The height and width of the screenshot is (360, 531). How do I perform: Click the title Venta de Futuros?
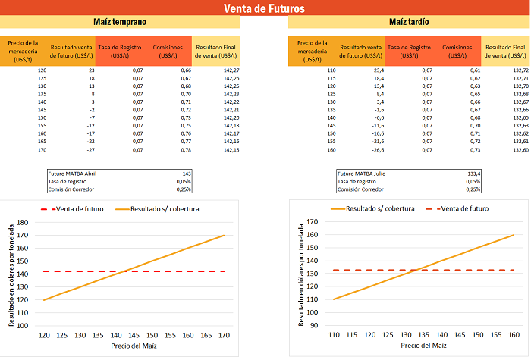click(265, 8)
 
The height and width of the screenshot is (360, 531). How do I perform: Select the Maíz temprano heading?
click(120, 23)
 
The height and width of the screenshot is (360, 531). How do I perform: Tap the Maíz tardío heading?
click(408, 23)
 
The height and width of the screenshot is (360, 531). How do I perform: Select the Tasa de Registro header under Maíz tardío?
click(410, 51)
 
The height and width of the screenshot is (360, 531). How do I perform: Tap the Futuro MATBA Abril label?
click(72, 174)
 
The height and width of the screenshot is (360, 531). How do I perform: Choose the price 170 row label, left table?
click(42, 150)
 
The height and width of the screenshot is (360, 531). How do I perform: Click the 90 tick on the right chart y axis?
click(313, 326)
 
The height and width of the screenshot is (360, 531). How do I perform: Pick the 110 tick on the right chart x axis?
click(333, 335)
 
